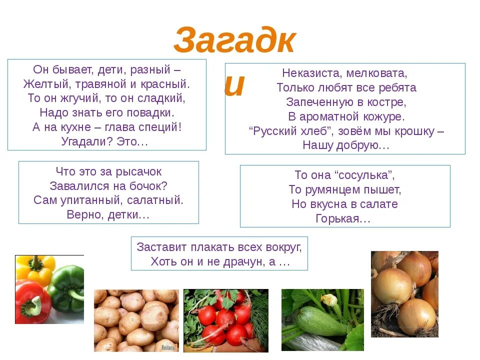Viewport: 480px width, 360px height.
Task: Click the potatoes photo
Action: (136, 320)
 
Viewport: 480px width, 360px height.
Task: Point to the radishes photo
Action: (225, 320)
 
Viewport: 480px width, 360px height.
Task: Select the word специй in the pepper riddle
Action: (159, 127)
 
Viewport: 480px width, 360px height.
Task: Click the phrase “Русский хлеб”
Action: (292, 131)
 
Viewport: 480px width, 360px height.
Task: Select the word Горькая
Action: (343, 218)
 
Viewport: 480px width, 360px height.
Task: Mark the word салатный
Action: (155, 200)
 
